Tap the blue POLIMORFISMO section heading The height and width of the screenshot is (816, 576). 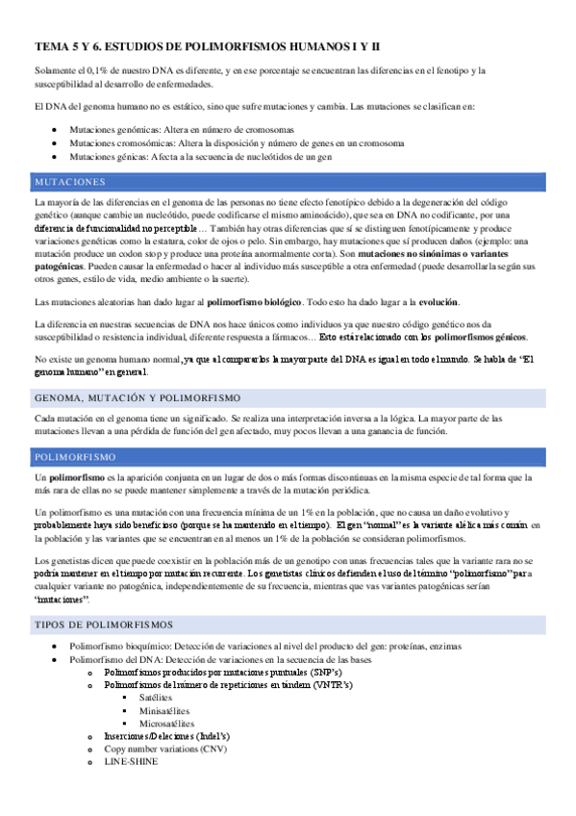[75, 456]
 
